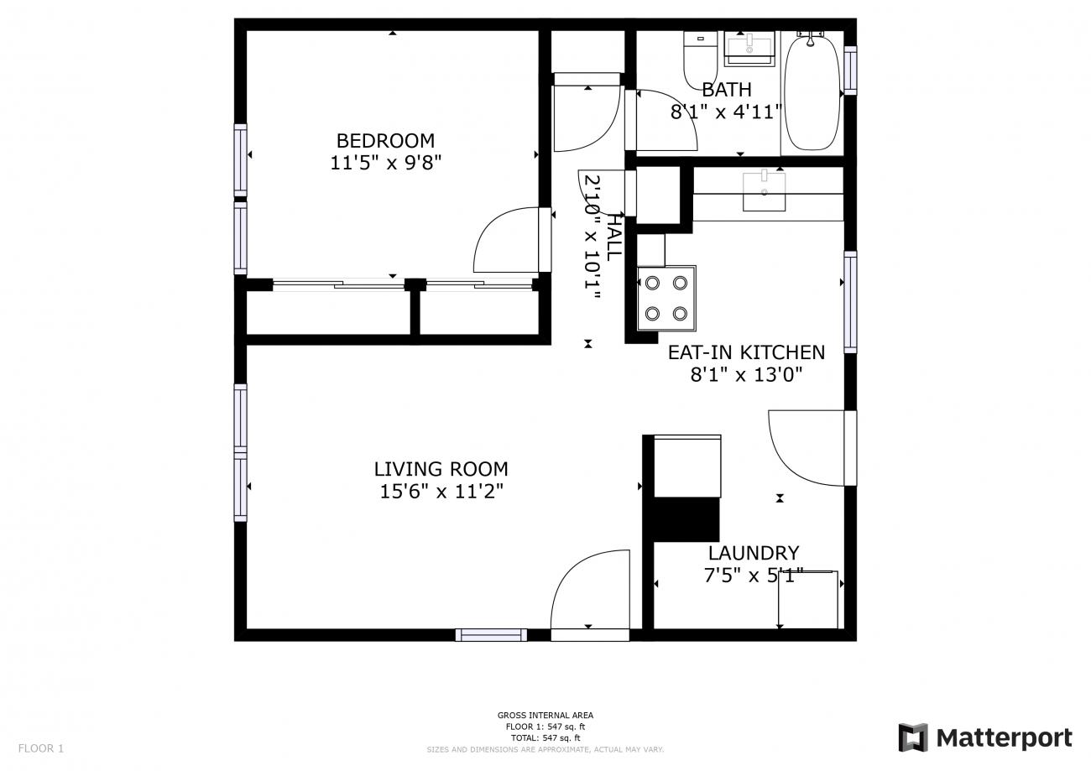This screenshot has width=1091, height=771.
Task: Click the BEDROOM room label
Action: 385,141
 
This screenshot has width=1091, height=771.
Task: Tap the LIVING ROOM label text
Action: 441,469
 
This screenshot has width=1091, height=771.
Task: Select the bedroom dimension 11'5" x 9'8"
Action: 386,163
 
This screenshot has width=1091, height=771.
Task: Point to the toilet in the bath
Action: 701,60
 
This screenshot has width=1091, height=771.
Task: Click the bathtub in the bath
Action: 812,92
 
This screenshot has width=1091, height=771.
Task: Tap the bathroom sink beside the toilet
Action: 749,49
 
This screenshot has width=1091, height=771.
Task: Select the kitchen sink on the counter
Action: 765,190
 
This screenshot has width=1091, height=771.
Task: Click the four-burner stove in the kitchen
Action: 666,299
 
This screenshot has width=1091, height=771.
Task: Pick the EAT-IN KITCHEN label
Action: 746,352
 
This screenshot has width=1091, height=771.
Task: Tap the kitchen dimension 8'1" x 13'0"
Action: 746,375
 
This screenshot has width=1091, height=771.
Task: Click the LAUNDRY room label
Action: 754,554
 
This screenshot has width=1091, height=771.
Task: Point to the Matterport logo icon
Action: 913,737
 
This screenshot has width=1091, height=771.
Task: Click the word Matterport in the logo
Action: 1005,738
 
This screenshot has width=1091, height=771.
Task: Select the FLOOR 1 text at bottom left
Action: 41,748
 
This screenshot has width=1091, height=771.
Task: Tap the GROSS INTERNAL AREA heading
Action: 545,715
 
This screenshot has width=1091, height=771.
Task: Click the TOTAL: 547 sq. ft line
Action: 545,738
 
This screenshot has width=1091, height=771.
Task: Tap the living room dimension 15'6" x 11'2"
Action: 441,492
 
